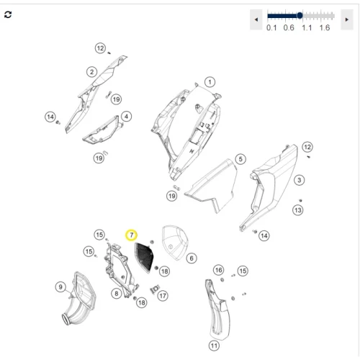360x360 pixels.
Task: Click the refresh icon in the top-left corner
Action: point(8,14)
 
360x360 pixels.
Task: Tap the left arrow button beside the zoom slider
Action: point(256,19)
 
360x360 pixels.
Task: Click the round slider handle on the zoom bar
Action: point(300,16)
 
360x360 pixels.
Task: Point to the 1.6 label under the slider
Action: point(325,28)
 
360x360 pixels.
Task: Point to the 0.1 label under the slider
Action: point(271,28)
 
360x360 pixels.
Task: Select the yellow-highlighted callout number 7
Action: point(131,235)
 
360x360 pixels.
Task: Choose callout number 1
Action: point(210,82)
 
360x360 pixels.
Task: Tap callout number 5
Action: point(240,159)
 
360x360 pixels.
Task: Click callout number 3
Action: point(299,180)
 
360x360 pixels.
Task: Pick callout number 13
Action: point(298,210)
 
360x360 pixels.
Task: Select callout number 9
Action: point(60,287)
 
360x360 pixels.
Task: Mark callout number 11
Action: point(214,346)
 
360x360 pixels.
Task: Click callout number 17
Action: point(163,296)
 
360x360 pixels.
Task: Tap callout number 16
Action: point(219,270)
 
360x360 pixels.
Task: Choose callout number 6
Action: point(192,258)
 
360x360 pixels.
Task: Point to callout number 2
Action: point(91,72)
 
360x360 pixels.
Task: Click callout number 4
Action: point(126,117)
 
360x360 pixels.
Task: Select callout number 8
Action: point(117,294)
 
